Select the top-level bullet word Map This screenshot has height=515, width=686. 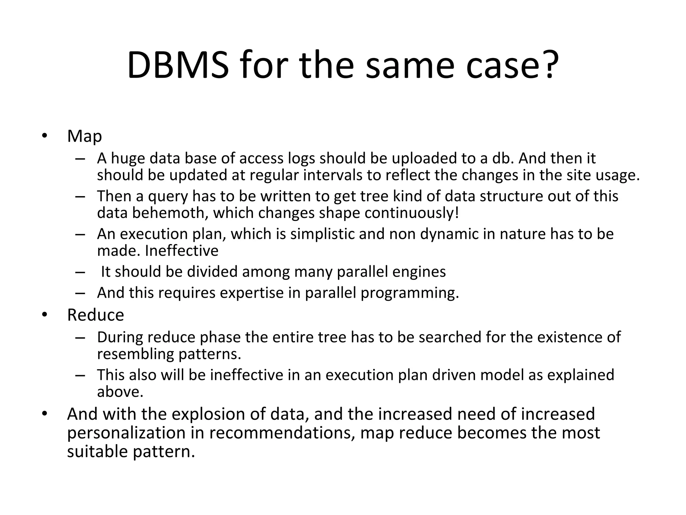(x=84, y=136)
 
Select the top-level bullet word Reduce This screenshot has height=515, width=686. (x=95, y=315)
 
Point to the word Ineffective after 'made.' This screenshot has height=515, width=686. (x=182, y=250)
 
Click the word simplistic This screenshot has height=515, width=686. (x=322, y=234)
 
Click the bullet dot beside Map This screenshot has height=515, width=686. (x=44, y=136)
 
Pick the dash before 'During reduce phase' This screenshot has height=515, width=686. (x=80, y=337)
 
